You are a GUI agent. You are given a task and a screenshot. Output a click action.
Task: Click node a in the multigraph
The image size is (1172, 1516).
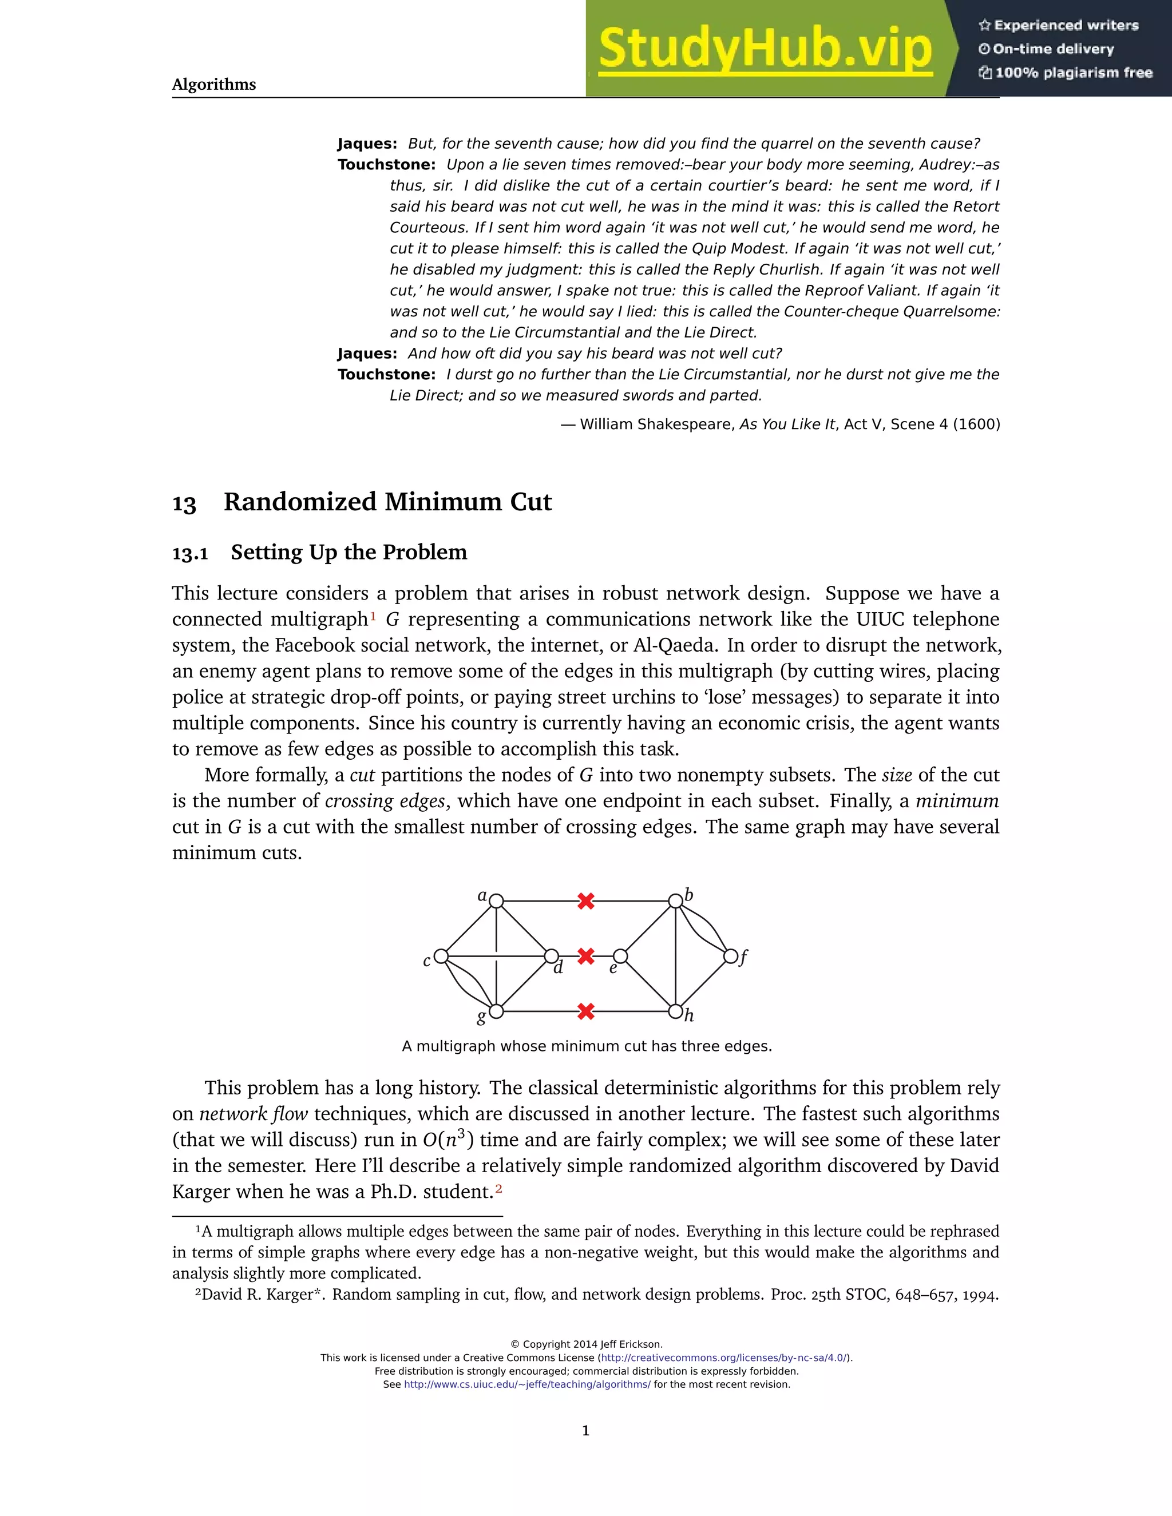coord(496,901)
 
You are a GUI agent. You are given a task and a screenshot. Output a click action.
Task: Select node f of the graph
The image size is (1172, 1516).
coord(730,957)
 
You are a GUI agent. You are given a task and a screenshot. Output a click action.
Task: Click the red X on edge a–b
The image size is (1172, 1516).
coord(586,901)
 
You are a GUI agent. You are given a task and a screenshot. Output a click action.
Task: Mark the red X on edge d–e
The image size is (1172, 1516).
coord(586,957)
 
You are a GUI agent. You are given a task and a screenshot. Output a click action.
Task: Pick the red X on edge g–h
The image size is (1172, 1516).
coord(586,1011)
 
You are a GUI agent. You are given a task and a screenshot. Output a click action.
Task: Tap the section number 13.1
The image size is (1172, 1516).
coord(190,553)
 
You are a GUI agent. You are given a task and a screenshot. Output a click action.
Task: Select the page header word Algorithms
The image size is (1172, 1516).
coord(214,85)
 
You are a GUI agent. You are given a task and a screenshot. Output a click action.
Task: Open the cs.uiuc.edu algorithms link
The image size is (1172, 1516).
coord(527,1384)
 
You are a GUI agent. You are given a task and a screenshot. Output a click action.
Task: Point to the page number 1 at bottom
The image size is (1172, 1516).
coord(585,1431)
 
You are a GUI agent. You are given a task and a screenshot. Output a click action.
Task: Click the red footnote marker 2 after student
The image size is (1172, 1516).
coord(498,1190)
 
